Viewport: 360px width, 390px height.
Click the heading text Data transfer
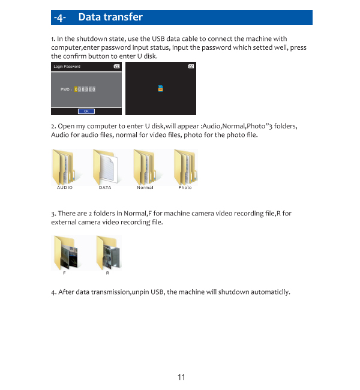110,17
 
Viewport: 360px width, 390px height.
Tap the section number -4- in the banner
60,17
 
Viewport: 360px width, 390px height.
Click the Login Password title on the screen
67,67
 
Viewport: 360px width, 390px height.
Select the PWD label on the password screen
65,89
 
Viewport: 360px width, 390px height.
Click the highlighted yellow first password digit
76,89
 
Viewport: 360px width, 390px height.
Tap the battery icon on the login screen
116,67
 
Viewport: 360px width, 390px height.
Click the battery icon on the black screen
191,67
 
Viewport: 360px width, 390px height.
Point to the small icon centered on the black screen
160,88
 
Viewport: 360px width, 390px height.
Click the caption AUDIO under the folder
65,188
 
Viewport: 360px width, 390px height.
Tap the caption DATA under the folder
105,188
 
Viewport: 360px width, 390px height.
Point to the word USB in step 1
157,39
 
